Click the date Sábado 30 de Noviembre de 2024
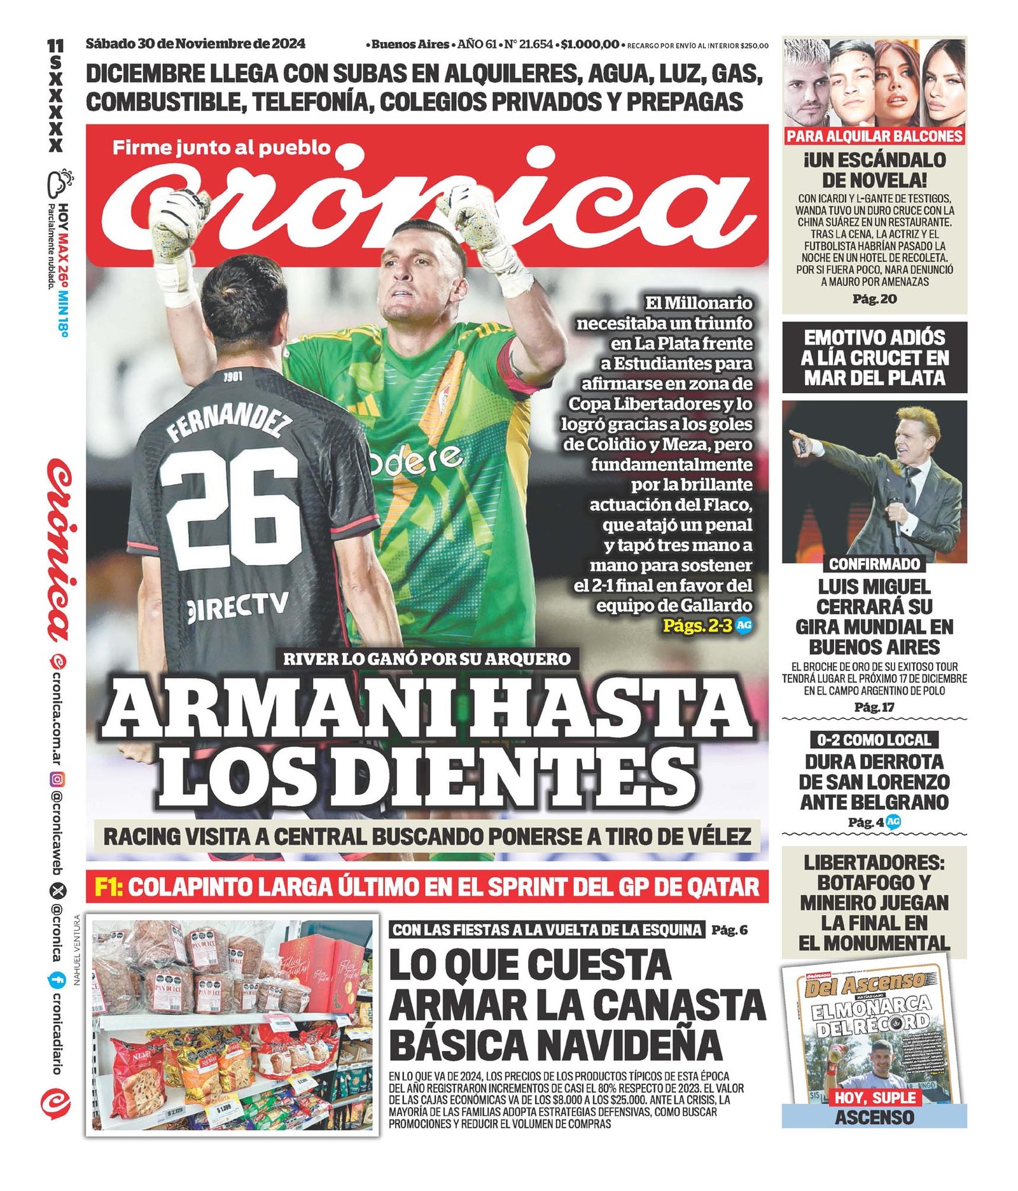pos(195,44)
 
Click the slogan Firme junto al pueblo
pos(221,148)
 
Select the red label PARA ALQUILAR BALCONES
pos(874,136)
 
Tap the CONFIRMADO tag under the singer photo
pos(874,564)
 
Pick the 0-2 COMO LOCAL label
pos(874,740)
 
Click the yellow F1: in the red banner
pos(109,887)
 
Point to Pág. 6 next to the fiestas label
pos(729,930)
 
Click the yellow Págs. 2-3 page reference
pos(697,625)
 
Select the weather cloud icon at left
pos(59,182)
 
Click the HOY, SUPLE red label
pos(874,1097)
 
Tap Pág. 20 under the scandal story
pos(874,299)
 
